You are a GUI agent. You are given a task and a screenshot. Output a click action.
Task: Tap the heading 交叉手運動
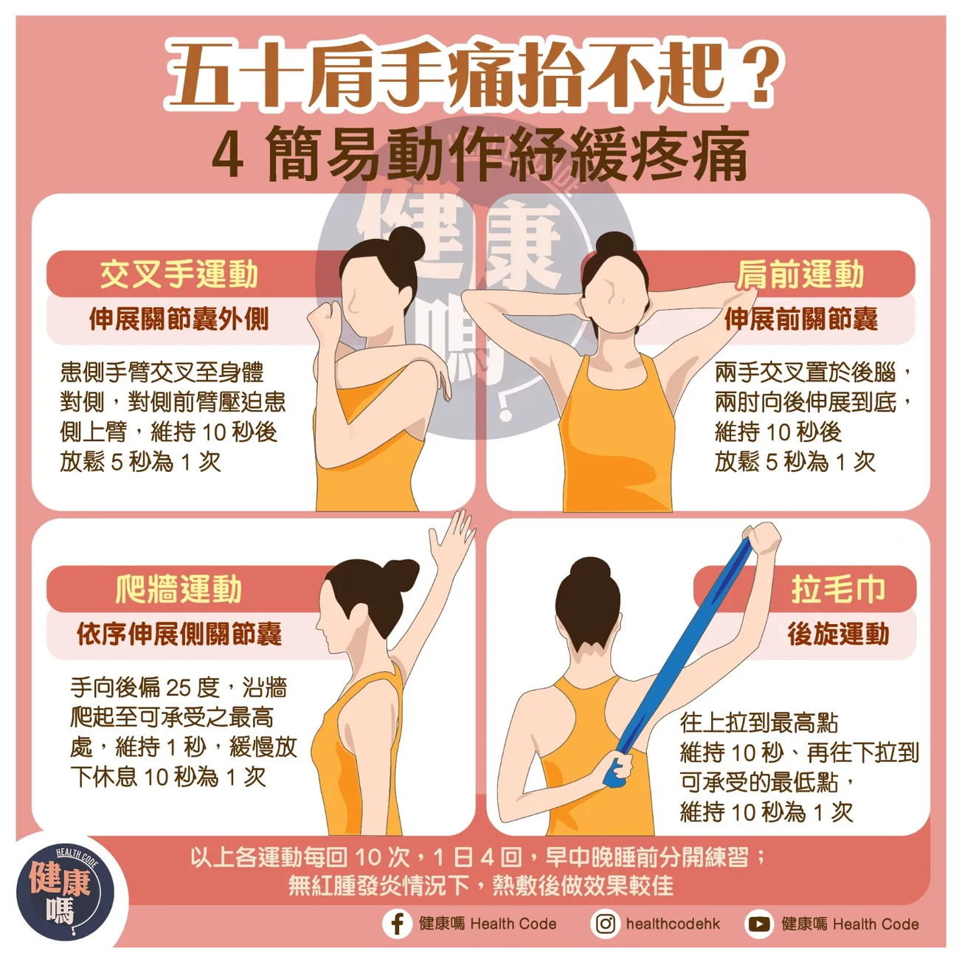[179, 274]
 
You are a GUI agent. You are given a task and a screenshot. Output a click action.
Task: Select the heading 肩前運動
[800, 274]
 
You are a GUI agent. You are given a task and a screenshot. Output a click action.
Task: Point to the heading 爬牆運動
[179, 589]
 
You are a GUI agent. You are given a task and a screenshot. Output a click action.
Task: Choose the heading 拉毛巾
[837, 589]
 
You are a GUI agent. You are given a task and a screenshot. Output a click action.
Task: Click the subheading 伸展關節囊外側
[179, 319]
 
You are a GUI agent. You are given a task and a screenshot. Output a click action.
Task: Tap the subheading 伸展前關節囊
[800, 319]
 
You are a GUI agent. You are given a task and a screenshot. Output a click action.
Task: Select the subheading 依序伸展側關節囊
[179, 634]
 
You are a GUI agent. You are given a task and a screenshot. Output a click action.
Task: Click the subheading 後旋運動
[837, 634]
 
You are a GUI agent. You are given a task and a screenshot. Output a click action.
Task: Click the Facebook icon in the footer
[397, 924]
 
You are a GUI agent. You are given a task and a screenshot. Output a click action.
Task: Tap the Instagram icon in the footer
[606, 924]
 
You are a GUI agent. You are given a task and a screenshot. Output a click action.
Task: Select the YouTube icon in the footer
[759, 924]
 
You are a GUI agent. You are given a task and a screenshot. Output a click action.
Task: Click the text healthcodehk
[673, 924]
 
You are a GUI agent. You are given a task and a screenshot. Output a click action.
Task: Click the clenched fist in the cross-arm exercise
[323, 322]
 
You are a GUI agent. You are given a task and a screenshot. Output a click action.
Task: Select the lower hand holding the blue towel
[618, 767]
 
